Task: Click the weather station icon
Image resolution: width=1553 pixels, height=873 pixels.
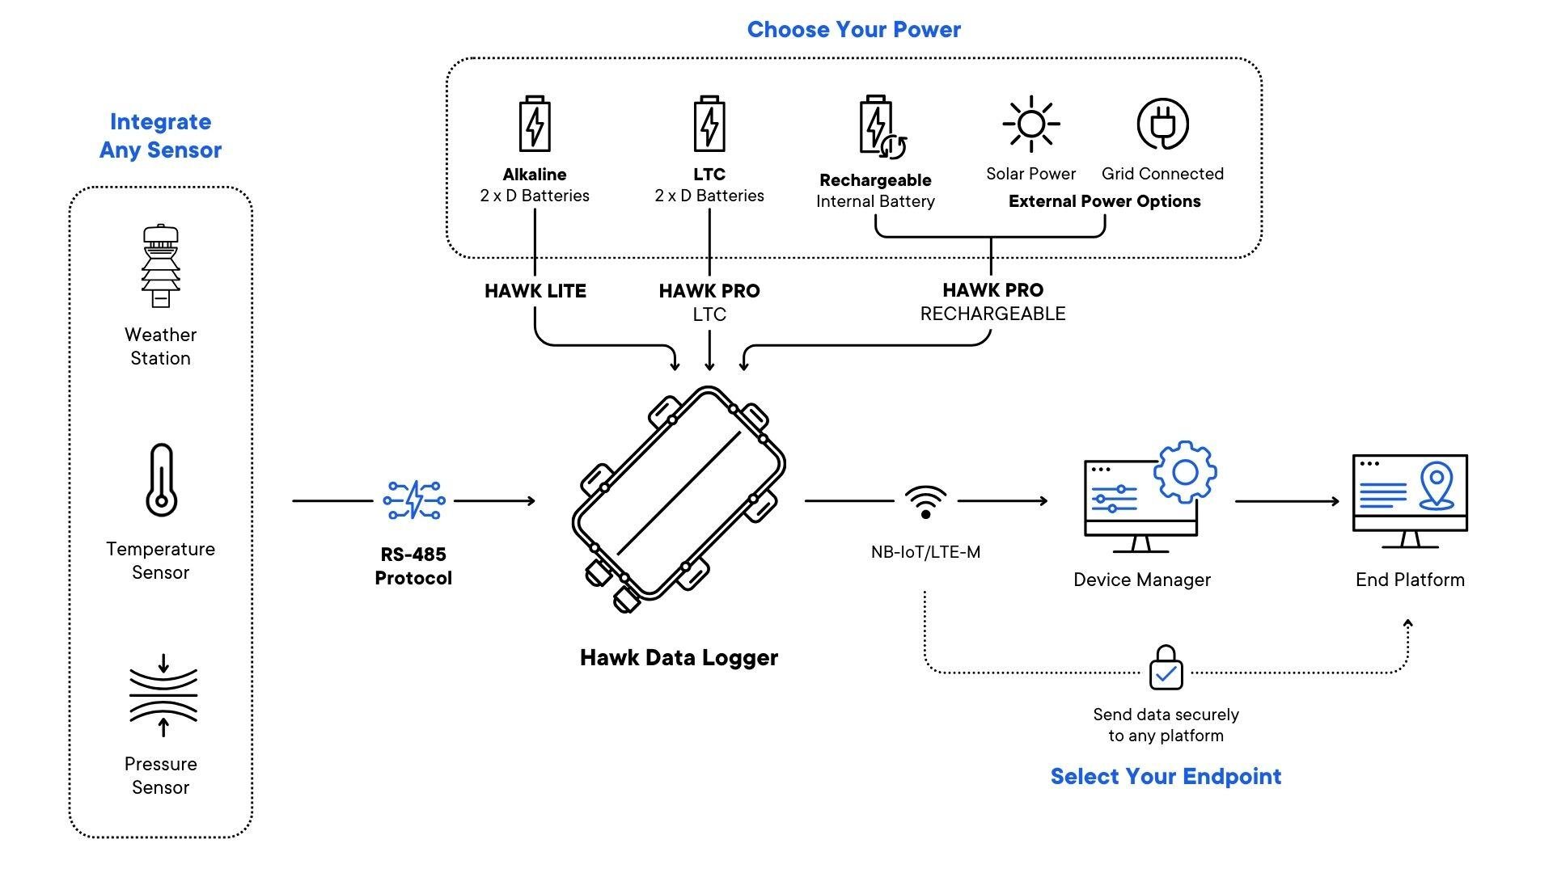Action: (161, 266)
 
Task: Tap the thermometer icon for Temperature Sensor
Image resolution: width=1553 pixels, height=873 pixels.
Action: (161, 480)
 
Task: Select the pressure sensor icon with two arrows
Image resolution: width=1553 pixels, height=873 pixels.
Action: (163, 695)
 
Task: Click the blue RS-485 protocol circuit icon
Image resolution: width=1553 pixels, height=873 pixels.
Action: (413, 500)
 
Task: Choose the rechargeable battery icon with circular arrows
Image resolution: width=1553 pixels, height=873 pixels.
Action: (880, 127)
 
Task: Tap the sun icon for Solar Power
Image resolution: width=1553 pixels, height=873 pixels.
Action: (1030, 124)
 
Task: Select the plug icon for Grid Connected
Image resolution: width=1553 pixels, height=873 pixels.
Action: (1162, 124)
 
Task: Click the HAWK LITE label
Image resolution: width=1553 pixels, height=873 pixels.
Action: (535, 291)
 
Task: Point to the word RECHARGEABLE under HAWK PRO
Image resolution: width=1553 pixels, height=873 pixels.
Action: (992, 314)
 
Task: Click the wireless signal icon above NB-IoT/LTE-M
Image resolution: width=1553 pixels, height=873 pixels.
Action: (925, 502)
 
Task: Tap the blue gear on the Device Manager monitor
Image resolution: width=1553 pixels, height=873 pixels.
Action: (1185, 472)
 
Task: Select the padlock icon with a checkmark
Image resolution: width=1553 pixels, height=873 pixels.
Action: (1166, 668)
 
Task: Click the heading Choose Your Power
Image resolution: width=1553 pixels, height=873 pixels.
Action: (853, 30)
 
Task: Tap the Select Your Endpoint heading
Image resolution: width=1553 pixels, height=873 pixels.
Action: (1166, 777)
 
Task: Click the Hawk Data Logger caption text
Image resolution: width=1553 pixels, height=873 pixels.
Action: (679, 657)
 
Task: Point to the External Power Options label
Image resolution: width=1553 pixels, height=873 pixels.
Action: (1104, 201)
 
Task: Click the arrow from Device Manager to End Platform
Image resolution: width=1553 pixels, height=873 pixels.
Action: (1286, 501)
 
